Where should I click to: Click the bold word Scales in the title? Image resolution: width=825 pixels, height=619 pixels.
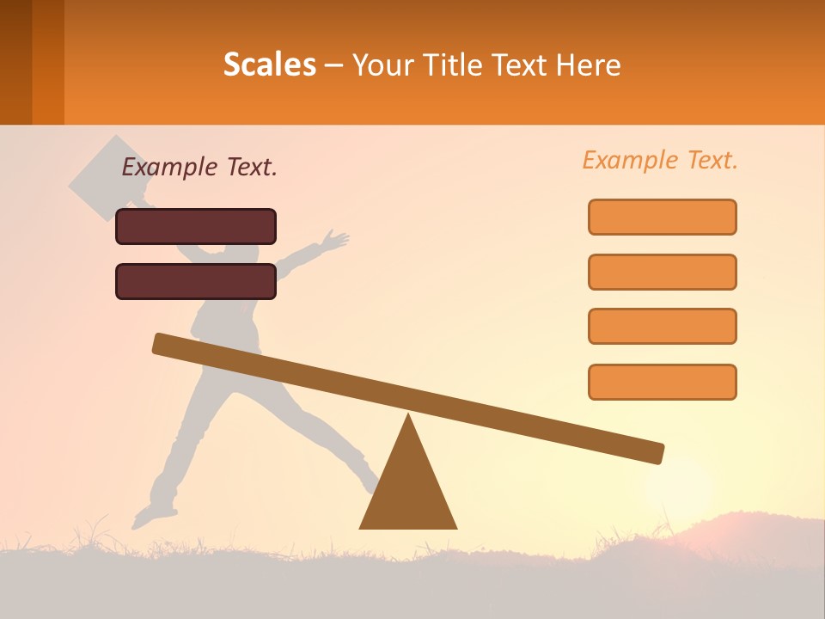[x=269, y=64]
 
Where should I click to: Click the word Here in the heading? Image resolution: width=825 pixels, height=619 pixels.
[x=589, y=64]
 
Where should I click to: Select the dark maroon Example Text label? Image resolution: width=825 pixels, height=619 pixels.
[x=199, y=168]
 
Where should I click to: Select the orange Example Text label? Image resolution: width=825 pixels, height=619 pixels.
[x=660, y=160]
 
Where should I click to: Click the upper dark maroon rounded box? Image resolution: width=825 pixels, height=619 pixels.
[x=196, y=226]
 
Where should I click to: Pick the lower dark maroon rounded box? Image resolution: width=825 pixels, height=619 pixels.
[x=196, y=281]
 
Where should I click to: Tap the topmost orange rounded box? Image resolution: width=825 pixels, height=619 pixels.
[x=662, y=217]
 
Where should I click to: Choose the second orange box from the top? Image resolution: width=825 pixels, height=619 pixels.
[x=662, y=272]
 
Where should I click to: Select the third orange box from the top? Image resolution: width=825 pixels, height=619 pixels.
[x=662, y=326]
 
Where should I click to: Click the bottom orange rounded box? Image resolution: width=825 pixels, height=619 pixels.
[x=662, y=382]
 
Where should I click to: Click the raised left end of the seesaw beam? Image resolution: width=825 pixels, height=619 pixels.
[x=163, y=344]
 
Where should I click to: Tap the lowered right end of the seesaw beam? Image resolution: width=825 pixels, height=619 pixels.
[x=653, y=452]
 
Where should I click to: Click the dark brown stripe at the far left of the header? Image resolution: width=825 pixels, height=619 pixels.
[x=15, y=62]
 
